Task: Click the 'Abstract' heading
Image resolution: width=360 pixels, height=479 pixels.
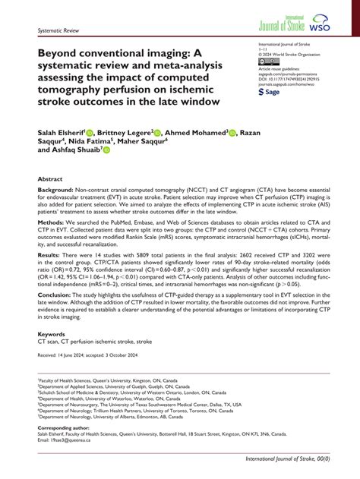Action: point(50,179)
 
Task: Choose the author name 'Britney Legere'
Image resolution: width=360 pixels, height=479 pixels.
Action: point(124,132)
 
